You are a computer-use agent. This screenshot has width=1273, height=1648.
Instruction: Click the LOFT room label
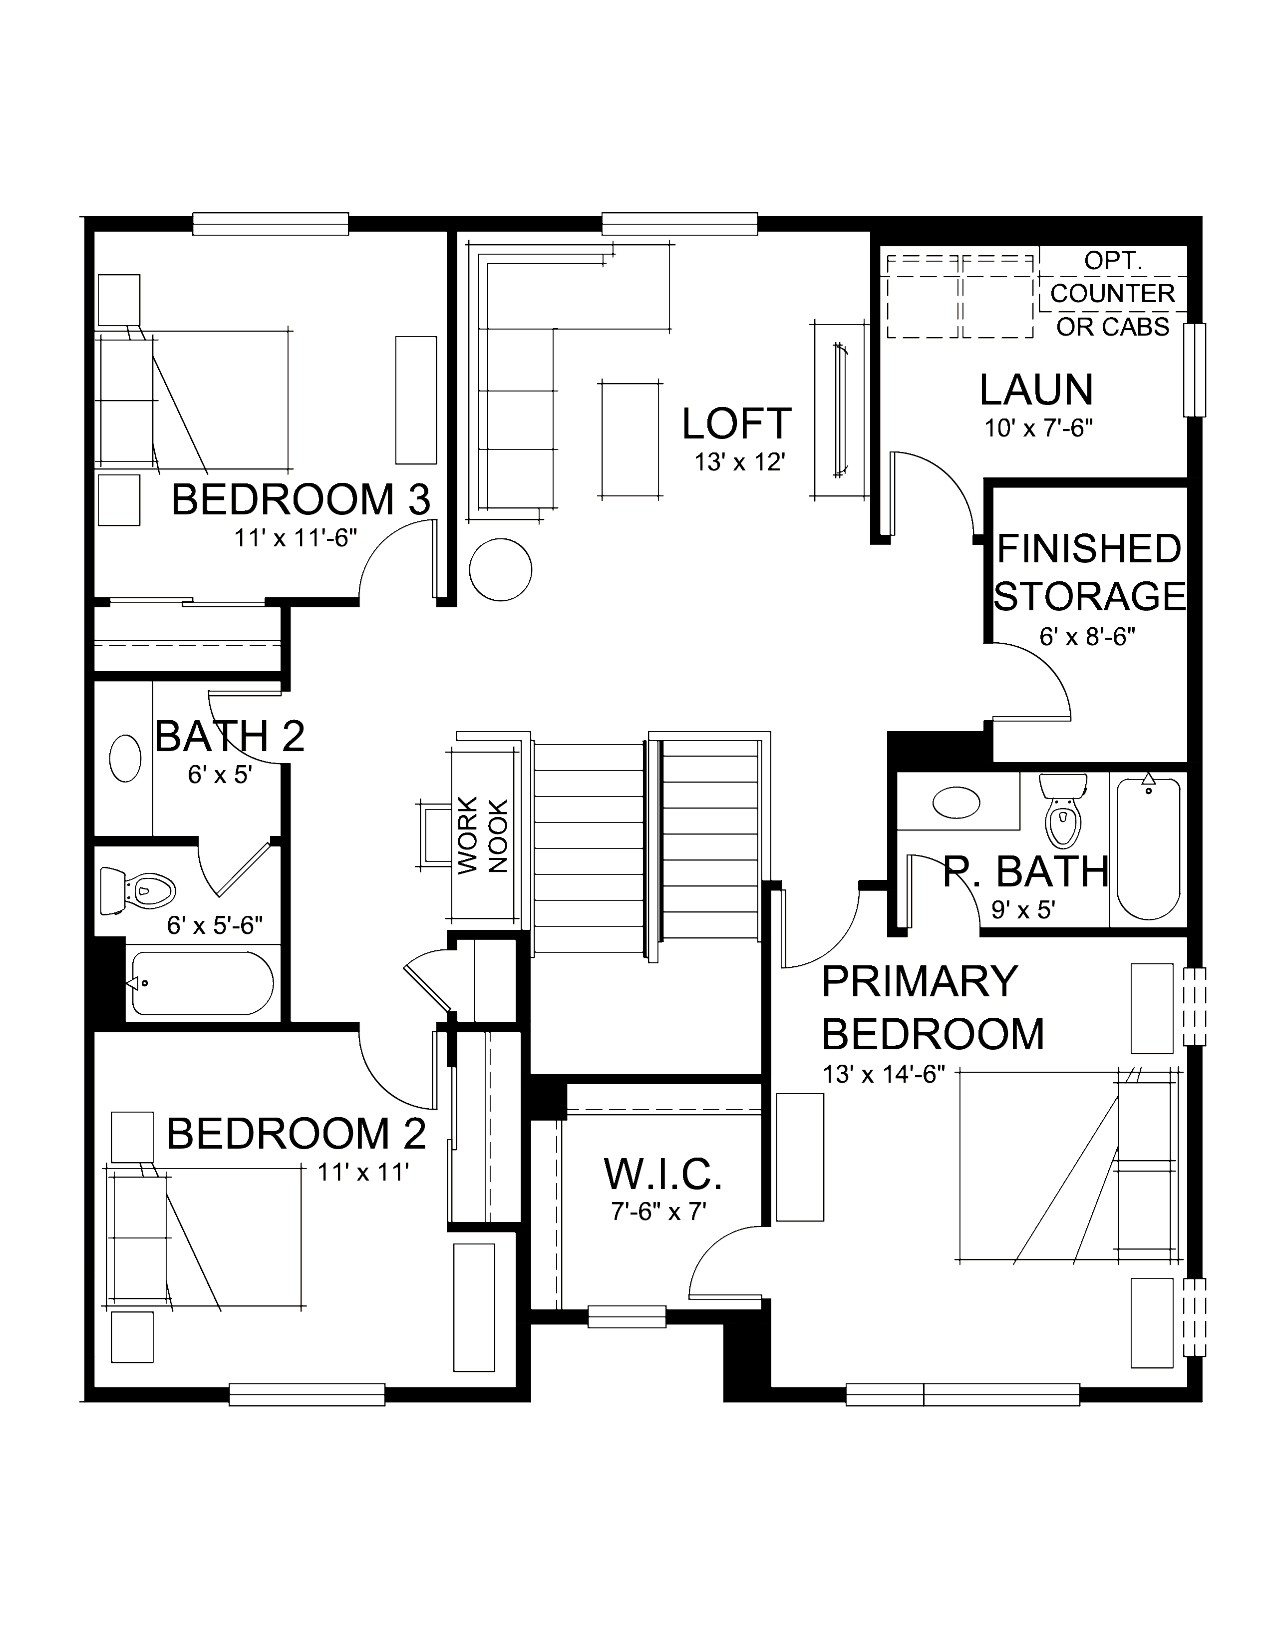(736, 423)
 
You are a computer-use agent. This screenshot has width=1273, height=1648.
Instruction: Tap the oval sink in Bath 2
(125, 759)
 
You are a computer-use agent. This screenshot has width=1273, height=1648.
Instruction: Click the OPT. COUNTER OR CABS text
(1112, 294)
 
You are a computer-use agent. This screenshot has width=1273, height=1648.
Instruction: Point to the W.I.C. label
(663, 1174)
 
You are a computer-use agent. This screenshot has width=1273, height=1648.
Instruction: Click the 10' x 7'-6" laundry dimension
(1038, 428)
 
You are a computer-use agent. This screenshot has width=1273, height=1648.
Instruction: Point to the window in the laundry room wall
(1194, 370)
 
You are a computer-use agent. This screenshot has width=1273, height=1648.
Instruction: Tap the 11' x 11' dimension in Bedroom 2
(363, 1172)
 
